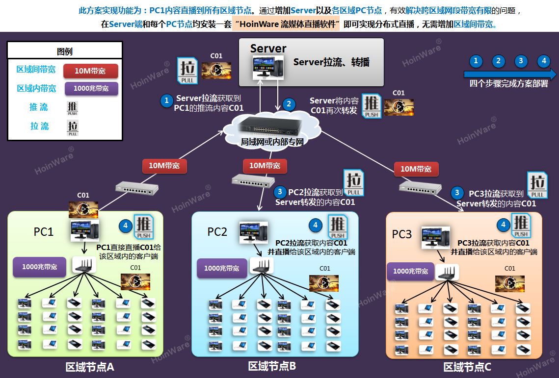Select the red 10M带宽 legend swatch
pos(91,71)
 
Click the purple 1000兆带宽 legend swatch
pos(91,88)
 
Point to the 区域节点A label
pos(90,367)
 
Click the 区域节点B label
pos(272,366)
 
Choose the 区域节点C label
pos(467,367)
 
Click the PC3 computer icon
pos(436,237)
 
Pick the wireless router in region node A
pos(84,265)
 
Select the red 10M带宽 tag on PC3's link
pos(416,169)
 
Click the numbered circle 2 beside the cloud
pos(289,104)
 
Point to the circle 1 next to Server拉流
pos(167,101)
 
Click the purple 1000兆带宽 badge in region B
pos(222,268)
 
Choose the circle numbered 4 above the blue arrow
pos(543,61)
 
